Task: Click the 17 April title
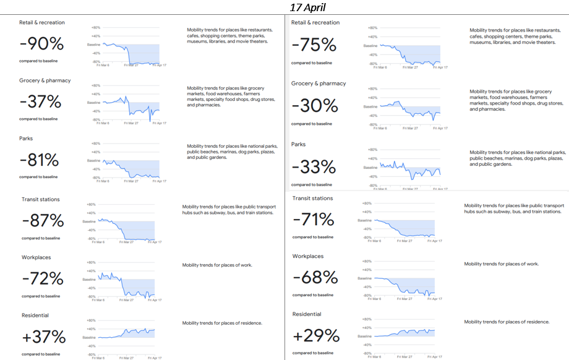click(x=308, y=7)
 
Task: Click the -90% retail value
click(x=41, y=45)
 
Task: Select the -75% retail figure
click(x=314, y=45)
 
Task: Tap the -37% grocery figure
click(x=40, y=101)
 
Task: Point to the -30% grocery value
click(x=315, y=106)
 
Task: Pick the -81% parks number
click(x=39, y=160)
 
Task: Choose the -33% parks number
click(x=314, y=167)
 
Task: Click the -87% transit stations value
click(x=43, y=221)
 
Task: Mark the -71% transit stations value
click(x=314, y=220)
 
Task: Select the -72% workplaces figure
click(x=43, y=279)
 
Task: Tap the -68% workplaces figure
click(x=315, y=278)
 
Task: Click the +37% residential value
click(x=43, y=337)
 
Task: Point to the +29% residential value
click(x=316, y=336)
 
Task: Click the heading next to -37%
click(x=45, y=80)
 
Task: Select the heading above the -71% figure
click(x=312, y=199)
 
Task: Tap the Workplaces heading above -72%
click(x=36, y=257)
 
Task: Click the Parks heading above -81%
click(x=26, y=139)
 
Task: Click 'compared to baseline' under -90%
click(x=38, y=61)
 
